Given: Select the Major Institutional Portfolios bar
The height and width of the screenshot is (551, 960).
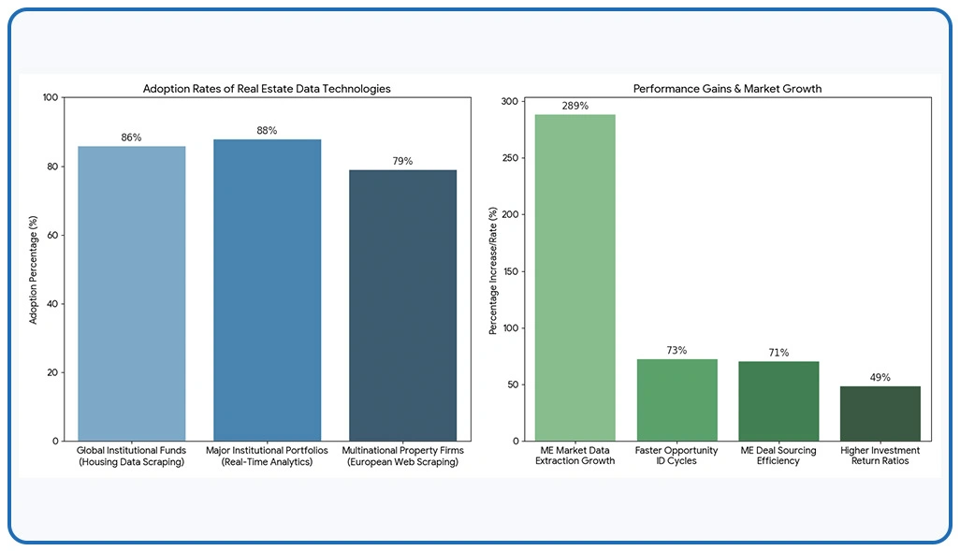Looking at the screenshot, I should [267, 290].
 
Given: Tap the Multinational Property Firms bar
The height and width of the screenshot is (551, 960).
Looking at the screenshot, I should [402, 305].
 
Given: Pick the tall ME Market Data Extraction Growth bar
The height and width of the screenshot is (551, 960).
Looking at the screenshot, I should [575, 277].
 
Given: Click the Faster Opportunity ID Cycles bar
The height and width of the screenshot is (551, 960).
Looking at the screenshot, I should [676, 399].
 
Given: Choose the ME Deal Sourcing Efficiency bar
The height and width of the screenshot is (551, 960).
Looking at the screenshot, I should [778, 400].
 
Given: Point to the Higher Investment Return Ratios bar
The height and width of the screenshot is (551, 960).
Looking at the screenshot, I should [880, 413].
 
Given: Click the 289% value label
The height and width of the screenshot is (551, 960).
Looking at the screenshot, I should [575, 106].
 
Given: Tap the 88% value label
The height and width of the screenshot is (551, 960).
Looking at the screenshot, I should [267, 130].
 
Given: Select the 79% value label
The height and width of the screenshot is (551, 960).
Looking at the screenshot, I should [402, 161].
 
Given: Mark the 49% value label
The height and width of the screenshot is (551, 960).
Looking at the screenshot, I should [880, 377].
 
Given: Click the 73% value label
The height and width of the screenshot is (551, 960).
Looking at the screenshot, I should [676, 350].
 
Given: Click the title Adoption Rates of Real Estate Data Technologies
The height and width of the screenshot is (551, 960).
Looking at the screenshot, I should [267, 88].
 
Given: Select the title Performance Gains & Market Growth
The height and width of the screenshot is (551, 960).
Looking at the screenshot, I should [727, 88].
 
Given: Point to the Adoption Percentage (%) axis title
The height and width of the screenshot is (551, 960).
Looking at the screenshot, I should [34, 268].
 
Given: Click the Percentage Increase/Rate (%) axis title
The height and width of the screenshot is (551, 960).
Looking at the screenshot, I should [492, 268].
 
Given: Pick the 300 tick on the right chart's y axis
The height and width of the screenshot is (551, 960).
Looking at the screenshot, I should [509, 101].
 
